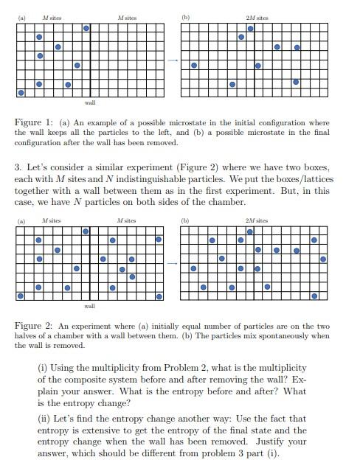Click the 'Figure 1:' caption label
point(32,122)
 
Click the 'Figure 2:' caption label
point(32,325)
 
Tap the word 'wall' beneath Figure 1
point(90,103)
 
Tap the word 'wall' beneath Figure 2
point(90,305)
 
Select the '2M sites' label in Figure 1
point(257,18)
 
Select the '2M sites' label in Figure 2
point(257,220)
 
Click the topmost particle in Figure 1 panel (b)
point(250,29)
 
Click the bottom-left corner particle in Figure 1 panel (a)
point(21,93)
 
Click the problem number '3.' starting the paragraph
point(19,167)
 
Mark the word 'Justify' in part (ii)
point(269,442)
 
